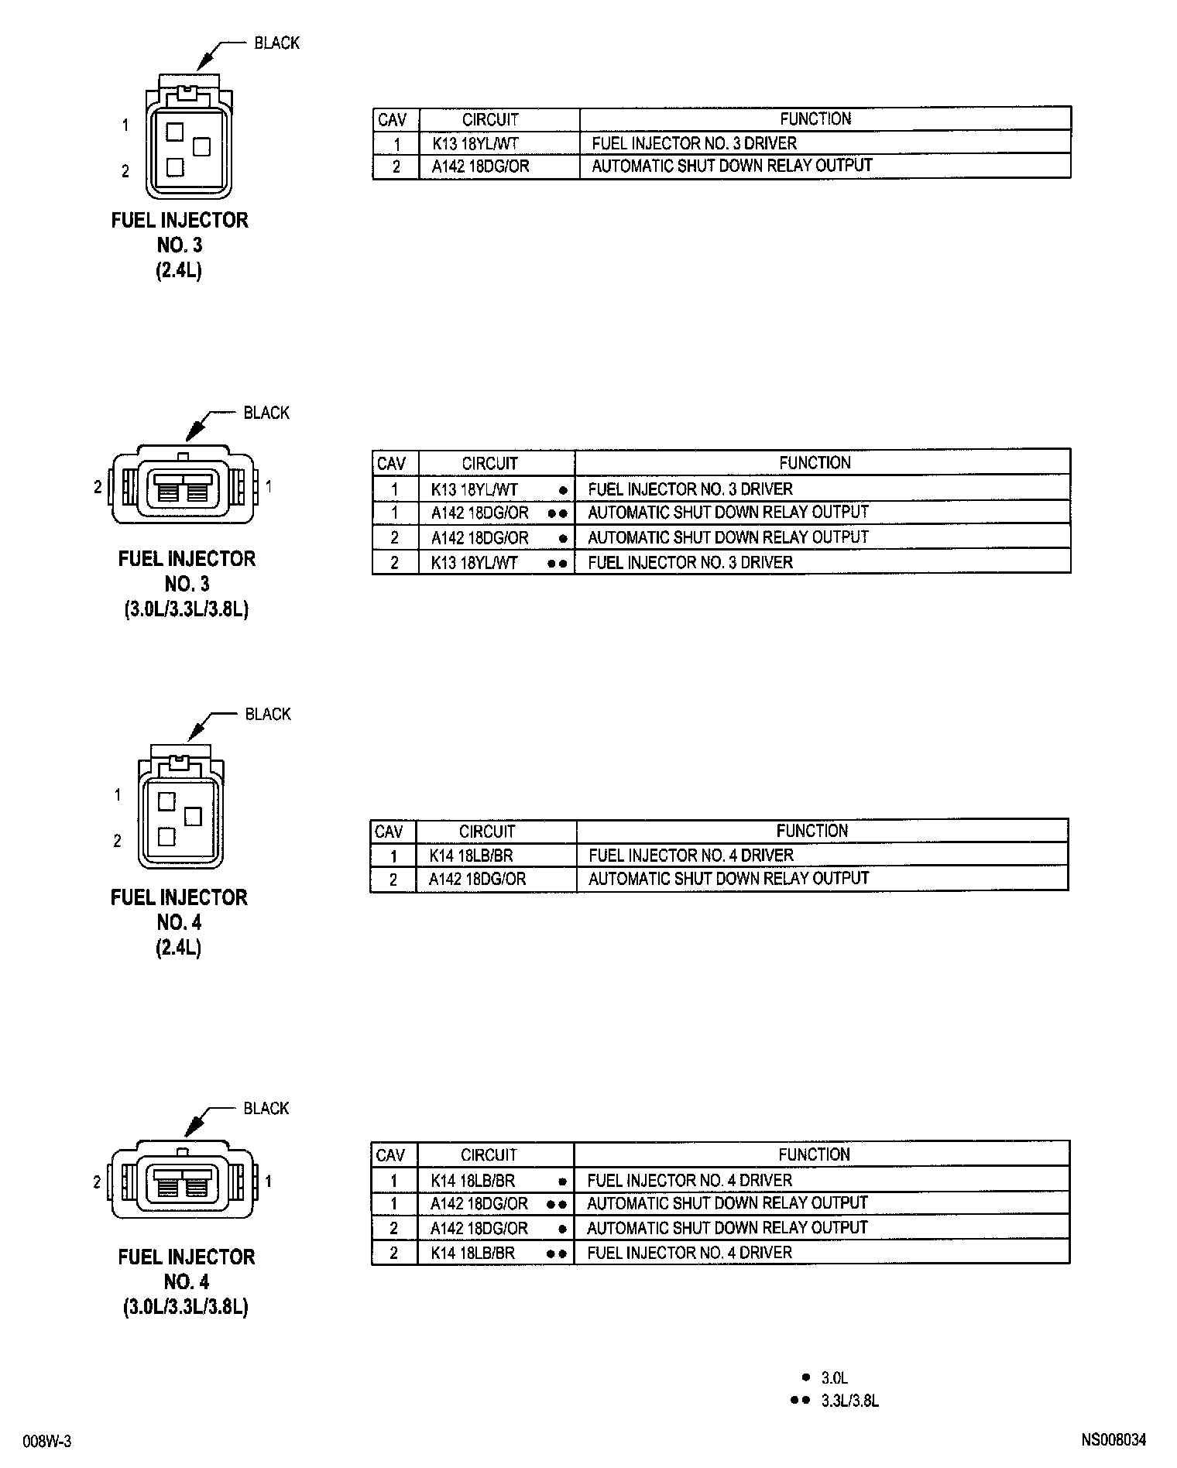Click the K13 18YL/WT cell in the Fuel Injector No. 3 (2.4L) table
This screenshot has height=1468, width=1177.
(475, 143)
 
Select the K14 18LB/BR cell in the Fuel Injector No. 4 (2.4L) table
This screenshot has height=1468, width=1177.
(471, 856)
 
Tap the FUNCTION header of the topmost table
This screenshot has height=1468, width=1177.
(815, 119)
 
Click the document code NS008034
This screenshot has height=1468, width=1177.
(1114, 1440)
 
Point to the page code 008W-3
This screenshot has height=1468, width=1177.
(47, 1441)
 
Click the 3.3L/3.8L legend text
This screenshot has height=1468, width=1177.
(849, 1401)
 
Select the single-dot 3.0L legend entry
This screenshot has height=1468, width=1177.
(834, 1378)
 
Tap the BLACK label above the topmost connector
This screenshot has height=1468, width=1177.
(276, 43)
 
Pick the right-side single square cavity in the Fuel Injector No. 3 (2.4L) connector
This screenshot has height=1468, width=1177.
(201, 146)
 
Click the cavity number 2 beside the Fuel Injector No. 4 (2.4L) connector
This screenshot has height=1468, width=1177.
(118, 841)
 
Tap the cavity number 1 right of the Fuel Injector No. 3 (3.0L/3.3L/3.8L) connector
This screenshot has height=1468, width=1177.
(269, 487)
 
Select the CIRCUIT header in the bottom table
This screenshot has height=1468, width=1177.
(489, 1155)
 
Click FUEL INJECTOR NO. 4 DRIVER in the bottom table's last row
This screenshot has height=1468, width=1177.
(689, 1253)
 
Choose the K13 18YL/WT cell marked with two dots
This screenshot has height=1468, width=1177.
(474, 563)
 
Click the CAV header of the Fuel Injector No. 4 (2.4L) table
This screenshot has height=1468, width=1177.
(389, 832)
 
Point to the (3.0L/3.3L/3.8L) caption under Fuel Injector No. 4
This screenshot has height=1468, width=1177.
(185, 1307)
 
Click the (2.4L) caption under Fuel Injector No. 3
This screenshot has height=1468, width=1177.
(179, 271)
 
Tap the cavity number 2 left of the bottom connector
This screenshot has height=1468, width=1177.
(97, 1182)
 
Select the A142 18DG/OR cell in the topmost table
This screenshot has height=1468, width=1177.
(480, 166)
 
